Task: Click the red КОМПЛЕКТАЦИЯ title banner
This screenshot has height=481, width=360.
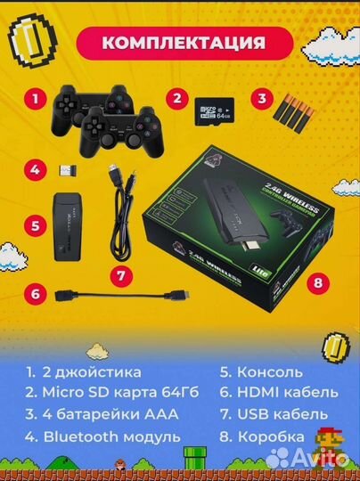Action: pyautogui.click(x=184, y=42)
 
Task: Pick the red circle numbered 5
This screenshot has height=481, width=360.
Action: pyautogui.click(x=34, y=224)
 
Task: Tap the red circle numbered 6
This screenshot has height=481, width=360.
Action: pyautogui.click(x=34, y=291)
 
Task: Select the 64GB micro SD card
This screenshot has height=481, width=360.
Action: pyautogui.click(x=212, y=111)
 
